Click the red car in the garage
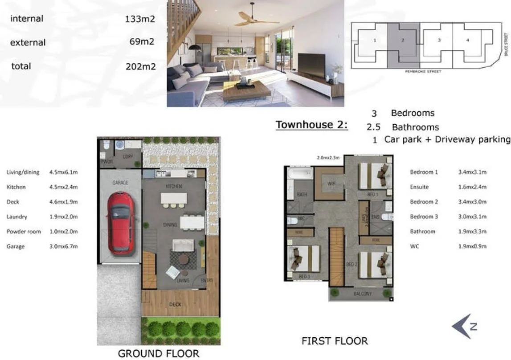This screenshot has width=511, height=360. coord(120,223)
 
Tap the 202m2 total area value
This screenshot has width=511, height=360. coord(141,67)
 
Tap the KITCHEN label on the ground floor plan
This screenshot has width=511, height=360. coord(174,186)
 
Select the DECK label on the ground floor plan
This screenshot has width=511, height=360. coord(175,304)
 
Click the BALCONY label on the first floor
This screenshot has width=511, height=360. coord(363,294)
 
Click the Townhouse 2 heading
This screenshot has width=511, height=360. coord(311,125)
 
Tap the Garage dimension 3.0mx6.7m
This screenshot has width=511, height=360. coord(64,246)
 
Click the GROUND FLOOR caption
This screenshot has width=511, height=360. coord(158,354)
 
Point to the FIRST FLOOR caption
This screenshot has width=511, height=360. coord(335,341)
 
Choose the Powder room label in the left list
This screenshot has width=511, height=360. coord(24,232)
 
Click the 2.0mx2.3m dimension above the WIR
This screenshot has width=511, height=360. coord(328,157)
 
